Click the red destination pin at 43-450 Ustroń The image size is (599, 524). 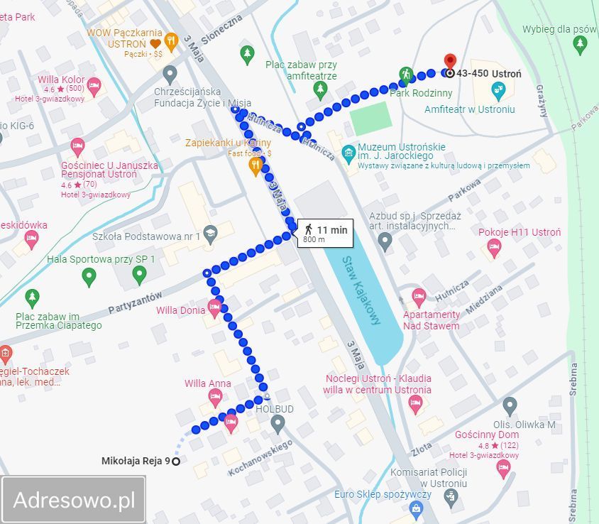pyautogui.click(x=449, y=62)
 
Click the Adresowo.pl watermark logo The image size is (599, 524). pyautogui.click(x=74, y=500)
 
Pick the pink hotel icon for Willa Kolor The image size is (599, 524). pyautogui.click(x=94, y=88)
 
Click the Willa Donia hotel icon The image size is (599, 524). pyautogui.click(x=215, y=309)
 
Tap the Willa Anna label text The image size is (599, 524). pyautogui.click(x=208, y=384)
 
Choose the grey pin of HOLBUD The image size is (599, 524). pyautogui.click(x=278, y=424)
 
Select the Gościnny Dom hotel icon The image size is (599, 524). pyautogui.click(x=504, y=466)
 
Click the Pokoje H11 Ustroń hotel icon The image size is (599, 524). pyautogui.click(x=494, y=248)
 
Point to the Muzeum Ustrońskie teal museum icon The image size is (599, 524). pyautogui.click(x=348, y=152)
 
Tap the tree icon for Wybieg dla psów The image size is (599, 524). pyautogui.click(x=580, y=44)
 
